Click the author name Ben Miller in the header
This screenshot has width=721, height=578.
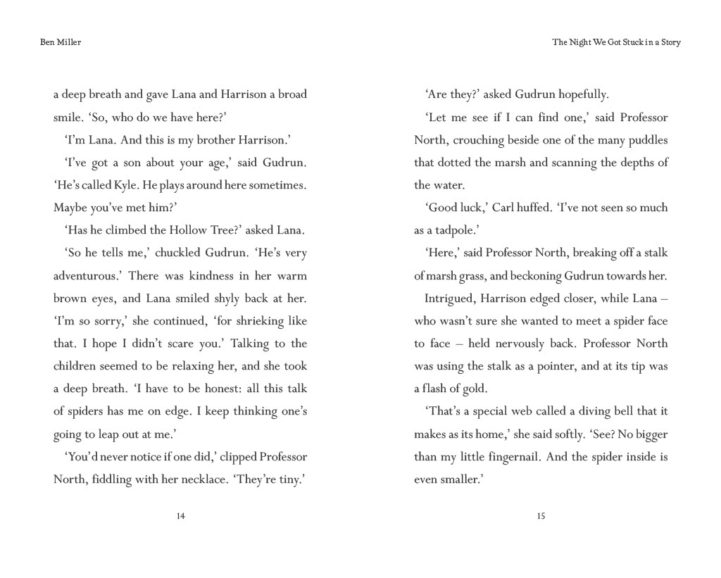61,42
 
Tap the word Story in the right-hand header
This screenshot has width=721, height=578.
670,42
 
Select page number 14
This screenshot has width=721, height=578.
180,516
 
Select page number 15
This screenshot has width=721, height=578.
541,516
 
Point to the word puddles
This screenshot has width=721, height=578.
646,140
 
